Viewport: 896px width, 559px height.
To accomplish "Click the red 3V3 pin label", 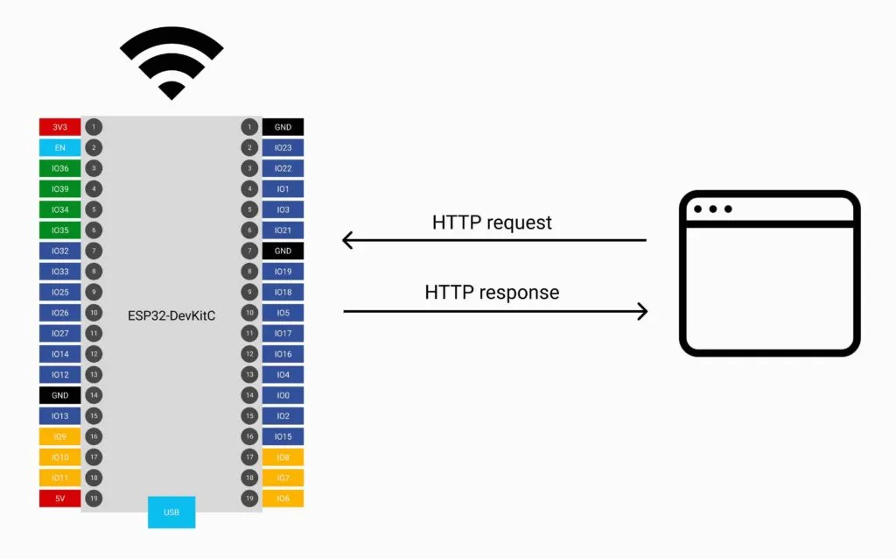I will [59, 127].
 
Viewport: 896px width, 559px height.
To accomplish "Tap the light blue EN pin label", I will [59, 147].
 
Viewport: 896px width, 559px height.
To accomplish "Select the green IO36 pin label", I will [59, 168].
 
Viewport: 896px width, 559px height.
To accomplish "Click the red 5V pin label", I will [59, 499].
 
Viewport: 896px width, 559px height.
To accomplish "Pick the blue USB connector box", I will [171, 512].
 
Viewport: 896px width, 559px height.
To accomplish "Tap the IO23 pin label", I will [283, 147].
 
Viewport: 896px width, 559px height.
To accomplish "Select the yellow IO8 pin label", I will [283, 457].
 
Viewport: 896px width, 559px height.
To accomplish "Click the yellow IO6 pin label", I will [283, 499].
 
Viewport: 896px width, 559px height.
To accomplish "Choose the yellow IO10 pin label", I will [59, 457].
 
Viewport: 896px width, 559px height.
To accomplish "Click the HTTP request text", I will [492, 223].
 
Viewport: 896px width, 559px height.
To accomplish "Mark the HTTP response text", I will [492, 293].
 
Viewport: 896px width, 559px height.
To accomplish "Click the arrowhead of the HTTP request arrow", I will [347, 240].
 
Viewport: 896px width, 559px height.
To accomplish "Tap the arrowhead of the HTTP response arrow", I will [642, 311].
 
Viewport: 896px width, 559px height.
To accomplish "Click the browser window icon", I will [769, 273].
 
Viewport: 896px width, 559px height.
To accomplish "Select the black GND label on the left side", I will [59, 395].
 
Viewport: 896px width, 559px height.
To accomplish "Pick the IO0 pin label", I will [283, 395].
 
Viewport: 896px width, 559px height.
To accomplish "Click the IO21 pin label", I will [283, 230].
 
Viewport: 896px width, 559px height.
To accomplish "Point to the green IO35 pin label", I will [59, 230].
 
